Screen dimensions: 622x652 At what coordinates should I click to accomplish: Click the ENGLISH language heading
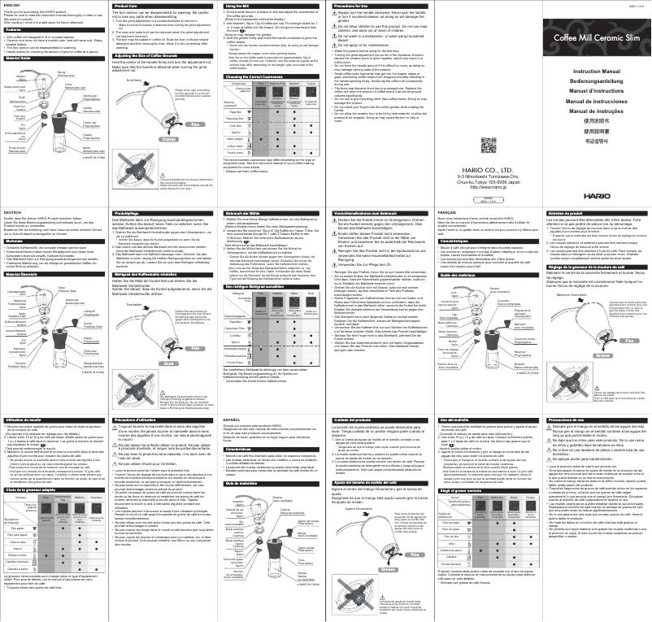click(14, 6)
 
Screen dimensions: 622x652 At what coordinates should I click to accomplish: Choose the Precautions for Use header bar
click(376, 6)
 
